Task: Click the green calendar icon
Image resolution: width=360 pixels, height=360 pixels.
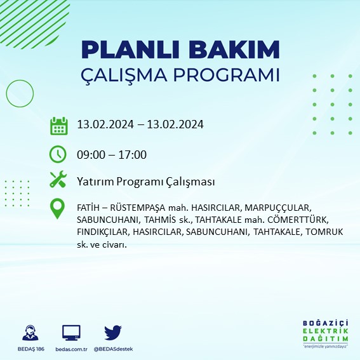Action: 58,126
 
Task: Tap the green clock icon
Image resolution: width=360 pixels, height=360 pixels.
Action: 58,154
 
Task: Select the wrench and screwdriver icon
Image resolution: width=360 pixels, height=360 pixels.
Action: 58,181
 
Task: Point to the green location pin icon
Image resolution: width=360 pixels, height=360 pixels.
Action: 58,210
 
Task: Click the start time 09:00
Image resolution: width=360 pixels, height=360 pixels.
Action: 90,154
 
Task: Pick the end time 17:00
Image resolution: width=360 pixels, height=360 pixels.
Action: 133,154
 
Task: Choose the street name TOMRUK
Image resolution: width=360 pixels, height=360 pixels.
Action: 324,232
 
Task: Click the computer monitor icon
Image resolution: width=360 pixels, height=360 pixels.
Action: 71,333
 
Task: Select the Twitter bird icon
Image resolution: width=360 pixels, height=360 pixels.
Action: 112,333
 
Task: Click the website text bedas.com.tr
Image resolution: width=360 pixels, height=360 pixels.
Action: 71,349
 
